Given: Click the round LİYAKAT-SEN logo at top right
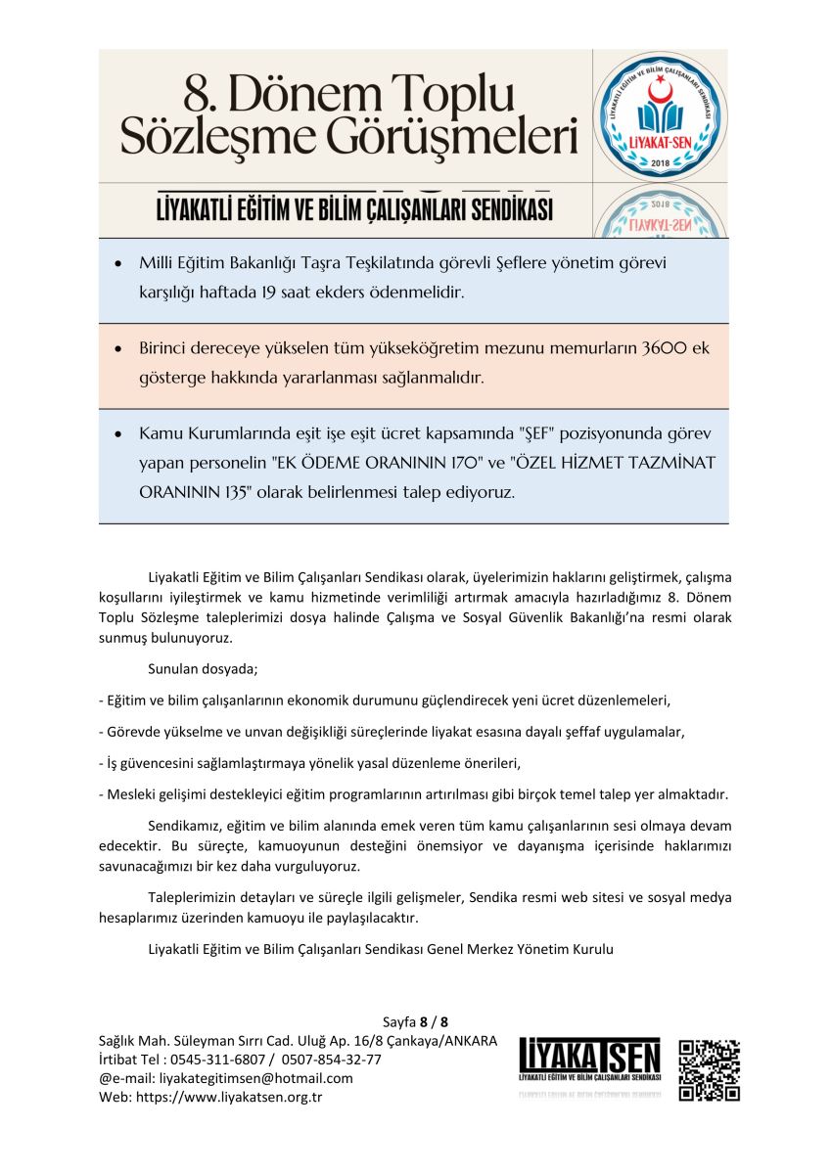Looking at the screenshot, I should [660, 115].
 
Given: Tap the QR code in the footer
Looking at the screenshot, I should [710, 1069].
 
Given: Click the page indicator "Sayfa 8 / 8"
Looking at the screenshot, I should [415, 1021].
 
